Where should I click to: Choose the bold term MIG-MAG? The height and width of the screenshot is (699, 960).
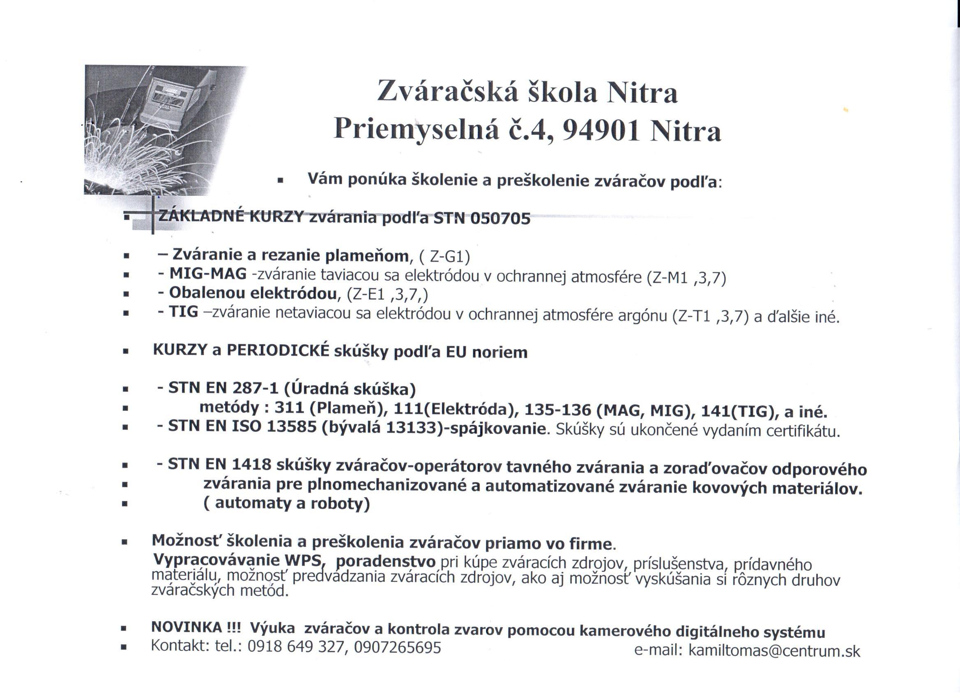coord(208,274)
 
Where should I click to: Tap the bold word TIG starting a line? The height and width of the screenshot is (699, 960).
coord(183,312)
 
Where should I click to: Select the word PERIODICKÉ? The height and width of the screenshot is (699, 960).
coord(278,350)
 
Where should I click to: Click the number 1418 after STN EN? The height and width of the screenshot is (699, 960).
coord(251,464)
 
